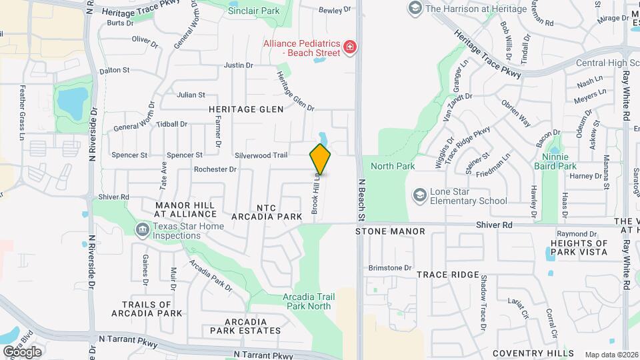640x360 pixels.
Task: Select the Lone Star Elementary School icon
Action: pos(419,194)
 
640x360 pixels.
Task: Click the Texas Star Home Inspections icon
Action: pos(141,231)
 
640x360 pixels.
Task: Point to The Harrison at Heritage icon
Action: pos(415,8)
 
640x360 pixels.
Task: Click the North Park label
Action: pos(393,166)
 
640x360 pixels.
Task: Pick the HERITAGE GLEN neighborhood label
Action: pos(246,109)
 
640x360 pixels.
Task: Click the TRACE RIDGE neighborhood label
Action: pos(448,275)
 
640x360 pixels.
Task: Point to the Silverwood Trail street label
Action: pos(261,155)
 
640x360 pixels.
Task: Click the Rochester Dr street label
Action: pos(215,169)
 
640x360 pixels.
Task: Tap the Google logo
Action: pos(22,351)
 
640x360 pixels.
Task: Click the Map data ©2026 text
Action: pos(611,355)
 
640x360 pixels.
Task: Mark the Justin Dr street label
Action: pos(238,65)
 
